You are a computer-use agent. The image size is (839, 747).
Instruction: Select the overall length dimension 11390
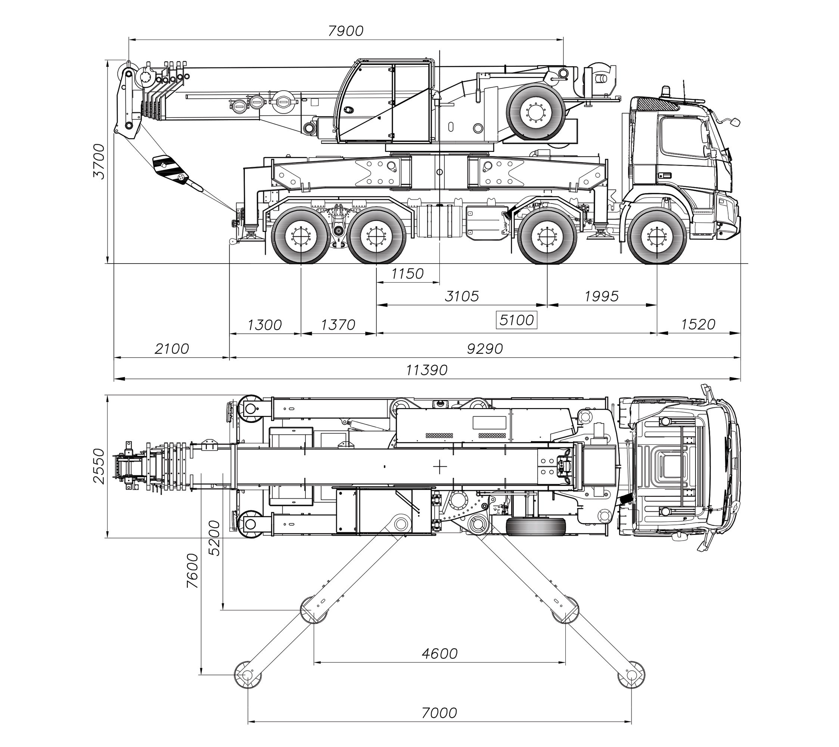click(426, 370)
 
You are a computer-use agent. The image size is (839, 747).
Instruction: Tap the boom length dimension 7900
click(346, 31)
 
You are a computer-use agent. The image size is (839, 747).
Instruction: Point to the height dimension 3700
click(99, 161)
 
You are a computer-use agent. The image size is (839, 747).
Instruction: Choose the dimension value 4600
click(439, 653)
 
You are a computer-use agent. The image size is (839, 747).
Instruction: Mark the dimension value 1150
click(407, 274)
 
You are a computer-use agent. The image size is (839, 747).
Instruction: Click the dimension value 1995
click(601, 296)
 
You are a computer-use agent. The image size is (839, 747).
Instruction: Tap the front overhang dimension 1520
click(698, 325)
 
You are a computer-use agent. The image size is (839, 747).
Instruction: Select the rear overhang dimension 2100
click(172, 349)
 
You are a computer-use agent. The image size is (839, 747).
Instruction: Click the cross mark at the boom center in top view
click(439, 467)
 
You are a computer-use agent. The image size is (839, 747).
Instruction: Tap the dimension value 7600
click(192, 571)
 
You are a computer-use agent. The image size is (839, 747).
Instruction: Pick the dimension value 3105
click(462, 296)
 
